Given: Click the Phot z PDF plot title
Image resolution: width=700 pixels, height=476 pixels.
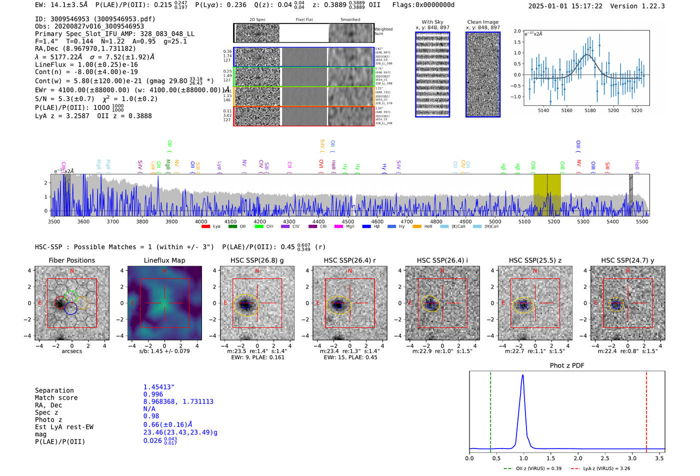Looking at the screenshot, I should click(x=567, y=366).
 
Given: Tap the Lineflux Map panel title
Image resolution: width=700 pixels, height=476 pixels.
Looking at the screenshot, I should click(x=164, y=260).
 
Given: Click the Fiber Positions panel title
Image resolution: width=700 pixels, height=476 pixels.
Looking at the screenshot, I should click(x=71, y=260).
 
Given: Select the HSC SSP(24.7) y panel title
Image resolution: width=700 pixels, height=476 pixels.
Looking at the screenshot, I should click(x=627, y=260).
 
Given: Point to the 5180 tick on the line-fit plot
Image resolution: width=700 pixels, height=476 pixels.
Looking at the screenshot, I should click(x=590, y=110).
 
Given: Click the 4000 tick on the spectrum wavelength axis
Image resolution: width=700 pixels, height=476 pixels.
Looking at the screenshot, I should click(x=201, y=221).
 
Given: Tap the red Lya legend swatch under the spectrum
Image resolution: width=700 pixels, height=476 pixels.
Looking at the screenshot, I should click(x=205, y=227).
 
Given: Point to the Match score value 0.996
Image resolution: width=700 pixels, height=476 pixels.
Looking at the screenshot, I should click(x=153, y=394).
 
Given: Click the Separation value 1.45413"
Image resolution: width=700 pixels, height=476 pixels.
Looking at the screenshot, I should click(x=158, y=387).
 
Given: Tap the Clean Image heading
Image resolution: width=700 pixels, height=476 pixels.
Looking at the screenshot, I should click(x=482, y=22).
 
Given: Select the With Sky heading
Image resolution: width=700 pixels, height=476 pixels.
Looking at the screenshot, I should click(x=432, y=22).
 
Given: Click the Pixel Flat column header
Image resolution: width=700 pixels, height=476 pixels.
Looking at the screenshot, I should click(x=304, y=20).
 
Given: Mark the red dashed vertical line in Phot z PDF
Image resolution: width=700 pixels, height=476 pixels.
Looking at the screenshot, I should click(x=646, y=410).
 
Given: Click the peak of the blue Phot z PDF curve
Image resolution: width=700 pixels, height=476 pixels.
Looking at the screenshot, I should click(x=522, y=376).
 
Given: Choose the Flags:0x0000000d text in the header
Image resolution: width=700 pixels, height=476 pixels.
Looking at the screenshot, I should click(x=423, y=5).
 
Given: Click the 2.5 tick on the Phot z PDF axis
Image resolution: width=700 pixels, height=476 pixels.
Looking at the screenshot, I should click(x=605, y=458).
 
